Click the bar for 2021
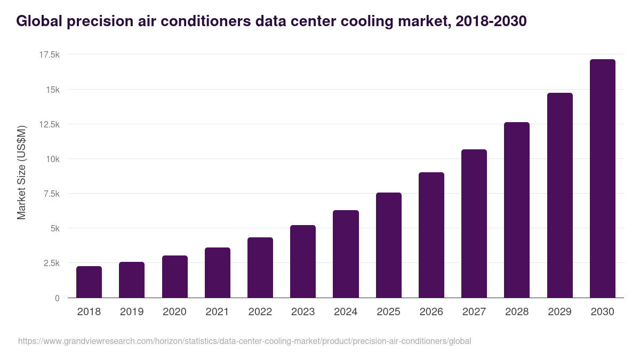point(218,273)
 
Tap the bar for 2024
point(346,254)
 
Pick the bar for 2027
point(474,223)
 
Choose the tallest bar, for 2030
point(603,179)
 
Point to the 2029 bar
point(559,195)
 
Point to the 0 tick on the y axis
point(57,298)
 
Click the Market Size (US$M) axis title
point(21,172)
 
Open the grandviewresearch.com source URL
point(244,341)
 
